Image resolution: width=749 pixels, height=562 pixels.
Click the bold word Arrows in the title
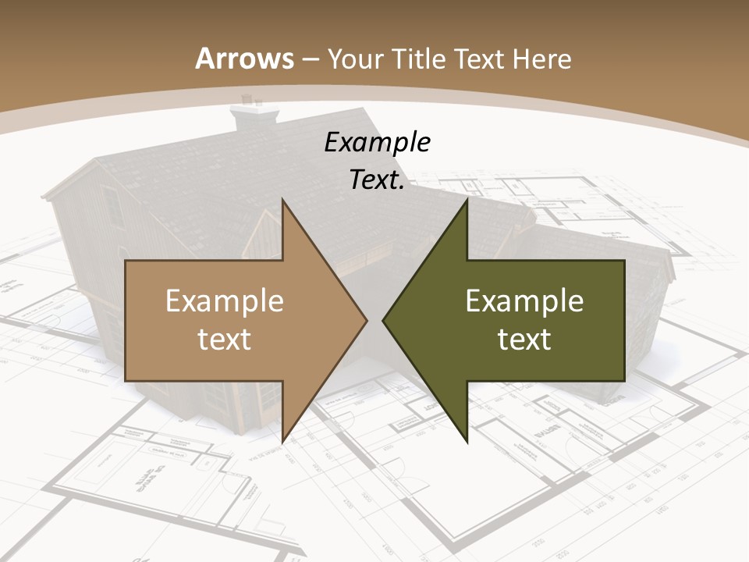pos(245,59)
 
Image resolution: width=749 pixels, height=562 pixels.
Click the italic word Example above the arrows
pos(378,142)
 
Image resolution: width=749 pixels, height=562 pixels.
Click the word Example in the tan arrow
pos(225,301)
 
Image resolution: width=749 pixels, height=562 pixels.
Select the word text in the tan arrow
pos(225,339)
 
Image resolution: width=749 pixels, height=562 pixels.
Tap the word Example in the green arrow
pos(524,301)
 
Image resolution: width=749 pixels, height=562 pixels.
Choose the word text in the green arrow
pos(524,339)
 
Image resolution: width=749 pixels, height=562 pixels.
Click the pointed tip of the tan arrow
pos(367,320)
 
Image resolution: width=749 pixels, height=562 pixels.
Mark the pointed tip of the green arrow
pos(383,320)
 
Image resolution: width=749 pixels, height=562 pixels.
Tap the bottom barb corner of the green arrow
pos(467,442)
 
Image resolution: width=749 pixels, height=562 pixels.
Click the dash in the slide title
pos(311,59)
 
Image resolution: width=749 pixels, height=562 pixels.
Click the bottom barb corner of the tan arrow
pos(282,442)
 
